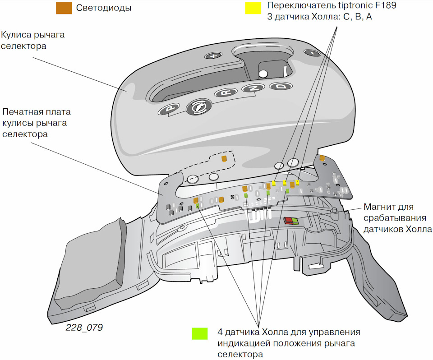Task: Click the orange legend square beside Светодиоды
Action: click(x=64, y=8)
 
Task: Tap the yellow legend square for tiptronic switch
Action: click(x=253, y=8)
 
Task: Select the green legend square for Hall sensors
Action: click(x=199, y=333)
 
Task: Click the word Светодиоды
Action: click(x=104, y=8)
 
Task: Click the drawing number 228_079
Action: click(x=84, y=328)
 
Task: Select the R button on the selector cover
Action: click(x=224, y=93)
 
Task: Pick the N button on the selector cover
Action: click(x=253, y=88)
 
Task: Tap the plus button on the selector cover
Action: click(x=214, y=56)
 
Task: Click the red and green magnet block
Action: click(x=291, y=220)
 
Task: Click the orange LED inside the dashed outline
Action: click(x=224, y=158)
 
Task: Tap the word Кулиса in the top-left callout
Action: click(x=15, y=35)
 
